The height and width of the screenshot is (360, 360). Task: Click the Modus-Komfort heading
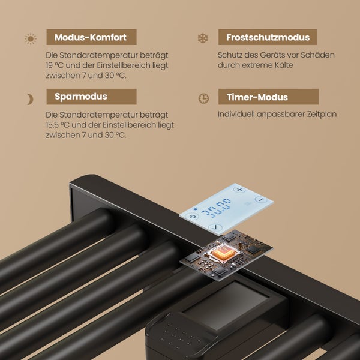coord(91,37)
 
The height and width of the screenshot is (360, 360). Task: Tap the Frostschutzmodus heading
coord(268,37)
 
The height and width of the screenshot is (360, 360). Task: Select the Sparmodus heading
coord(81,97)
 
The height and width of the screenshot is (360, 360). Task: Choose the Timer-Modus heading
coord(257,97)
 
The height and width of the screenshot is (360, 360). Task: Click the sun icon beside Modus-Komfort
coord(31,38)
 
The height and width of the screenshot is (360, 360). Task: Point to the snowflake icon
coord(203,38)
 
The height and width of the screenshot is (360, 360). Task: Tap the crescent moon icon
coord(30,99)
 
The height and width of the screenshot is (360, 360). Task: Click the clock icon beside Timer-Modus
coord(203,98)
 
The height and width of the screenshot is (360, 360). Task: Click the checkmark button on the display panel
coord(215,227)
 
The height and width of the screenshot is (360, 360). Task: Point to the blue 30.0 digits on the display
coord(216,208)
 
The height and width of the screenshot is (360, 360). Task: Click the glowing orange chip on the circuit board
coord(224,253)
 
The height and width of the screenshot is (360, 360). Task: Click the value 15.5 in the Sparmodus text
coord(52,125)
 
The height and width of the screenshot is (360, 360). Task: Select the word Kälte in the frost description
coord(284,65)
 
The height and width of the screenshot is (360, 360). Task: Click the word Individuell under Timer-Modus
coord(236,114)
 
